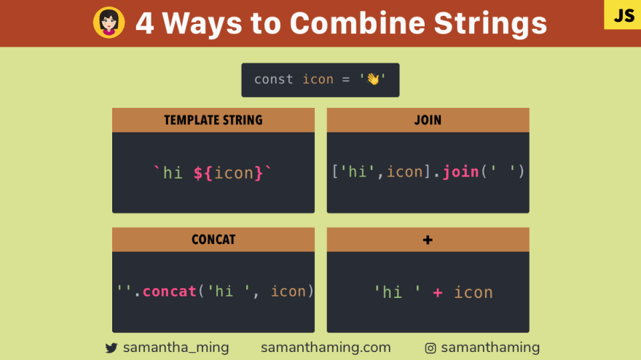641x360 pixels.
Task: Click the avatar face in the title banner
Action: (x=109, y=23)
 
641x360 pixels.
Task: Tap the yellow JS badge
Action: (x=623, y=15)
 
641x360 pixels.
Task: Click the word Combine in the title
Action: (x=358, y=23)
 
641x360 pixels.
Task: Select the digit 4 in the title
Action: (x=145, y=23)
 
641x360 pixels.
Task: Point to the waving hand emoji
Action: (x=373, y=79)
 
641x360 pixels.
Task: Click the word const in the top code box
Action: (x=273, y=79)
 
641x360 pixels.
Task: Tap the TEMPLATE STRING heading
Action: (x=213, y=120)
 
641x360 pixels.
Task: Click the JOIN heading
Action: (x=428, y=120)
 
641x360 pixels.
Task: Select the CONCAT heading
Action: (x=213, y=240)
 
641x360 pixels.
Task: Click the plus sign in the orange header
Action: (x=428, y=240)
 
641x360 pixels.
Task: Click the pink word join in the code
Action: (x=460, y=172)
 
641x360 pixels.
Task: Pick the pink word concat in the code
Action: (x=169, y=291)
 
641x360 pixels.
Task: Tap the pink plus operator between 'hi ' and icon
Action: (x=438, y=292)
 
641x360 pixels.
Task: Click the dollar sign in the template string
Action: (x=198, y=173)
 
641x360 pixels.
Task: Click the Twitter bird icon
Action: (x=111, y=348)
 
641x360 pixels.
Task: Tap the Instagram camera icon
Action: (x=430, y=348)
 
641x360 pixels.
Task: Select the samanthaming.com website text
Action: (x=326, y=348)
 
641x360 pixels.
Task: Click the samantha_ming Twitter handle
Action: (x=176, y=348)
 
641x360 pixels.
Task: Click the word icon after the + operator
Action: (x=473, y=292)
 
